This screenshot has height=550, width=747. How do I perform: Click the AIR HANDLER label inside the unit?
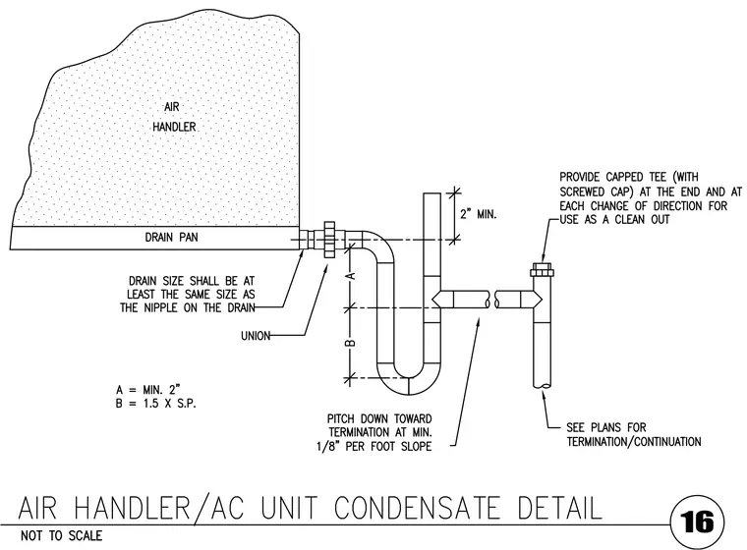tap(174, 117)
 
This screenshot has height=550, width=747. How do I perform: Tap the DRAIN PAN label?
tap(171, 237)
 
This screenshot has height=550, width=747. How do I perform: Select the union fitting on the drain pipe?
tap(329, 240)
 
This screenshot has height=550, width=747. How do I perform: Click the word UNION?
tap(256, 336)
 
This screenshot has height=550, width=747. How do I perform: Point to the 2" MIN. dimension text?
tap(478, 214)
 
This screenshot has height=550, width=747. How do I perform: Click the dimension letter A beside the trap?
tap(352, 276)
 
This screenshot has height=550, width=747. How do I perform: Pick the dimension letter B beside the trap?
tap(352, 343)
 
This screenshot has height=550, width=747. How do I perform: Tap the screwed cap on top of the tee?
tap(542, 270)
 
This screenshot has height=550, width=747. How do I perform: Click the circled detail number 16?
tap(697, 522)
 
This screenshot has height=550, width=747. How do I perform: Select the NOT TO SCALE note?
tap(62, 536)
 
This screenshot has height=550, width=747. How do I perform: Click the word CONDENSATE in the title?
tap(418, 508)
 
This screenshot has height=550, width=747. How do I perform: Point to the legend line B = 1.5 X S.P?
tap(155, 404)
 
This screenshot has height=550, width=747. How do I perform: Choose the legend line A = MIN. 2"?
tap(148, 390)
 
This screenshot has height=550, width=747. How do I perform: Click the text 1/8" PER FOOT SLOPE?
tap(374, 447)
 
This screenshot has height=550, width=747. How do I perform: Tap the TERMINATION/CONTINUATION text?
tap(634, 442)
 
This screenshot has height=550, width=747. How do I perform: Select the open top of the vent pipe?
tap(432, 193)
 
